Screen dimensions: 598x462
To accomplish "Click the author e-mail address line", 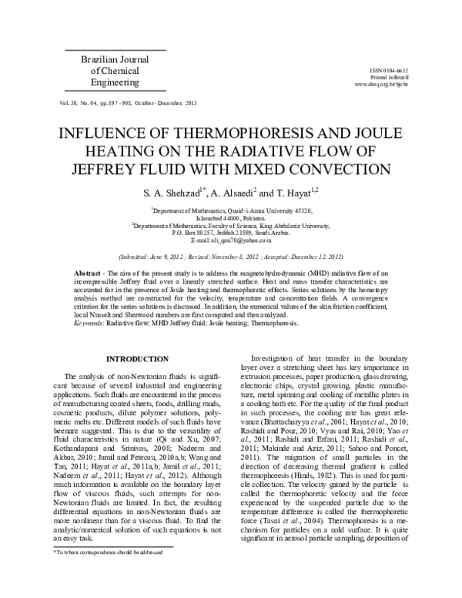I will (231, 240).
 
